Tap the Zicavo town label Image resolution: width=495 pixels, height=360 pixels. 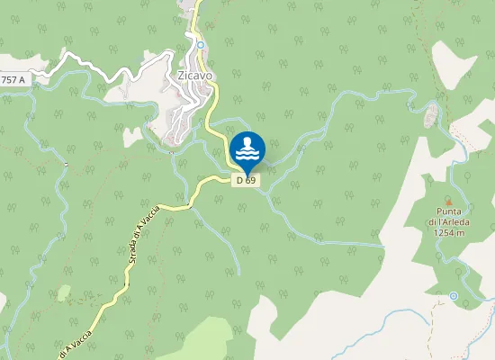pyautogui.click(x=195, y=76)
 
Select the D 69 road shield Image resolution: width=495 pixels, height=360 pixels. pyautogui.click(x=246, y=180)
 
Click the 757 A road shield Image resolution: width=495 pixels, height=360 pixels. pyautogui.click(x=13, y=80)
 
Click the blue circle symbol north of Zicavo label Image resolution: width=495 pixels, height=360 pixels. pyautogui.click(x=202, y=45)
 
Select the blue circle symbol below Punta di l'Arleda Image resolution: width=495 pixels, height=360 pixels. pyautogui.click(x=454, y=295)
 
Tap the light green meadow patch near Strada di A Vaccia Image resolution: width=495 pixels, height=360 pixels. pyautogui.click(x=63, y=292)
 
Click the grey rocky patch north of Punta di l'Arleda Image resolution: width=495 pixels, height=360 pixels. pyautogui.click(x=431, y=114)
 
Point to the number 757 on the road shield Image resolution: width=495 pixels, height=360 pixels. pyautogui.click(x=10, y=80)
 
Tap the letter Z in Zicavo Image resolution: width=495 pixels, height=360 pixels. pyautogui.click(x=181, y=76)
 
